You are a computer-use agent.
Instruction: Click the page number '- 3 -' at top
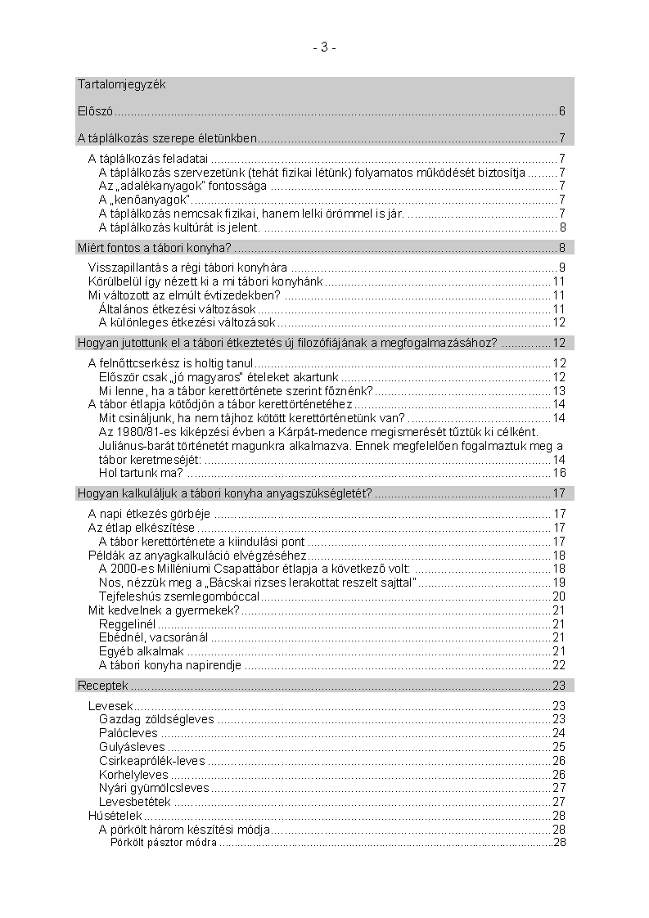pos(324,47)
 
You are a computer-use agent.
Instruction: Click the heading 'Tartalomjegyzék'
pos(122,84)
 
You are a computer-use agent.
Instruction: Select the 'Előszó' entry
pos(95,111)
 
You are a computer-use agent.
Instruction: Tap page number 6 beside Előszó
pos(562,111)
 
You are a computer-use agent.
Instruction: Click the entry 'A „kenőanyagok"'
pos(145,200)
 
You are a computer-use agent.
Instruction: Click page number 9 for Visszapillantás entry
pos(562,268)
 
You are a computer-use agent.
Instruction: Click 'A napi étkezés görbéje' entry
pos(149,514)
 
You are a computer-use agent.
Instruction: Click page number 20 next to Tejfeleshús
pos(559,596)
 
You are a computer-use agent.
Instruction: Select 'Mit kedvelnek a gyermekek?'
pos(164,610)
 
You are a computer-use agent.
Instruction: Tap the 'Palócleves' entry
pos(128,733)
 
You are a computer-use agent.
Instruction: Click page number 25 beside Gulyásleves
pos(559,747)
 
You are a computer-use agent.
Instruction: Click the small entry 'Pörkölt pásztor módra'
pos(163,843)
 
